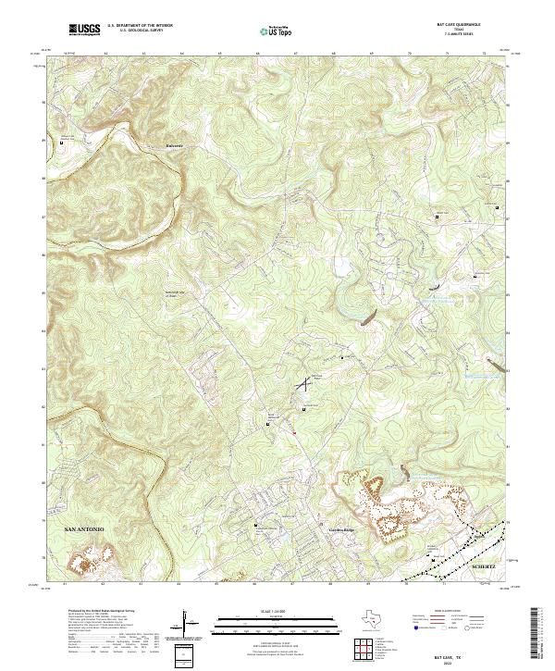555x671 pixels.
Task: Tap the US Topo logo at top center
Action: (277, 31)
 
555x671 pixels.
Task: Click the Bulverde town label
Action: (175, 146)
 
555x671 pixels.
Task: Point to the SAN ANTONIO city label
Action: (85, 528)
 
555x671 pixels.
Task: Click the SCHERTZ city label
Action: (484, 564)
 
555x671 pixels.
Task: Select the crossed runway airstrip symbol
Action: (302, 381)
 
